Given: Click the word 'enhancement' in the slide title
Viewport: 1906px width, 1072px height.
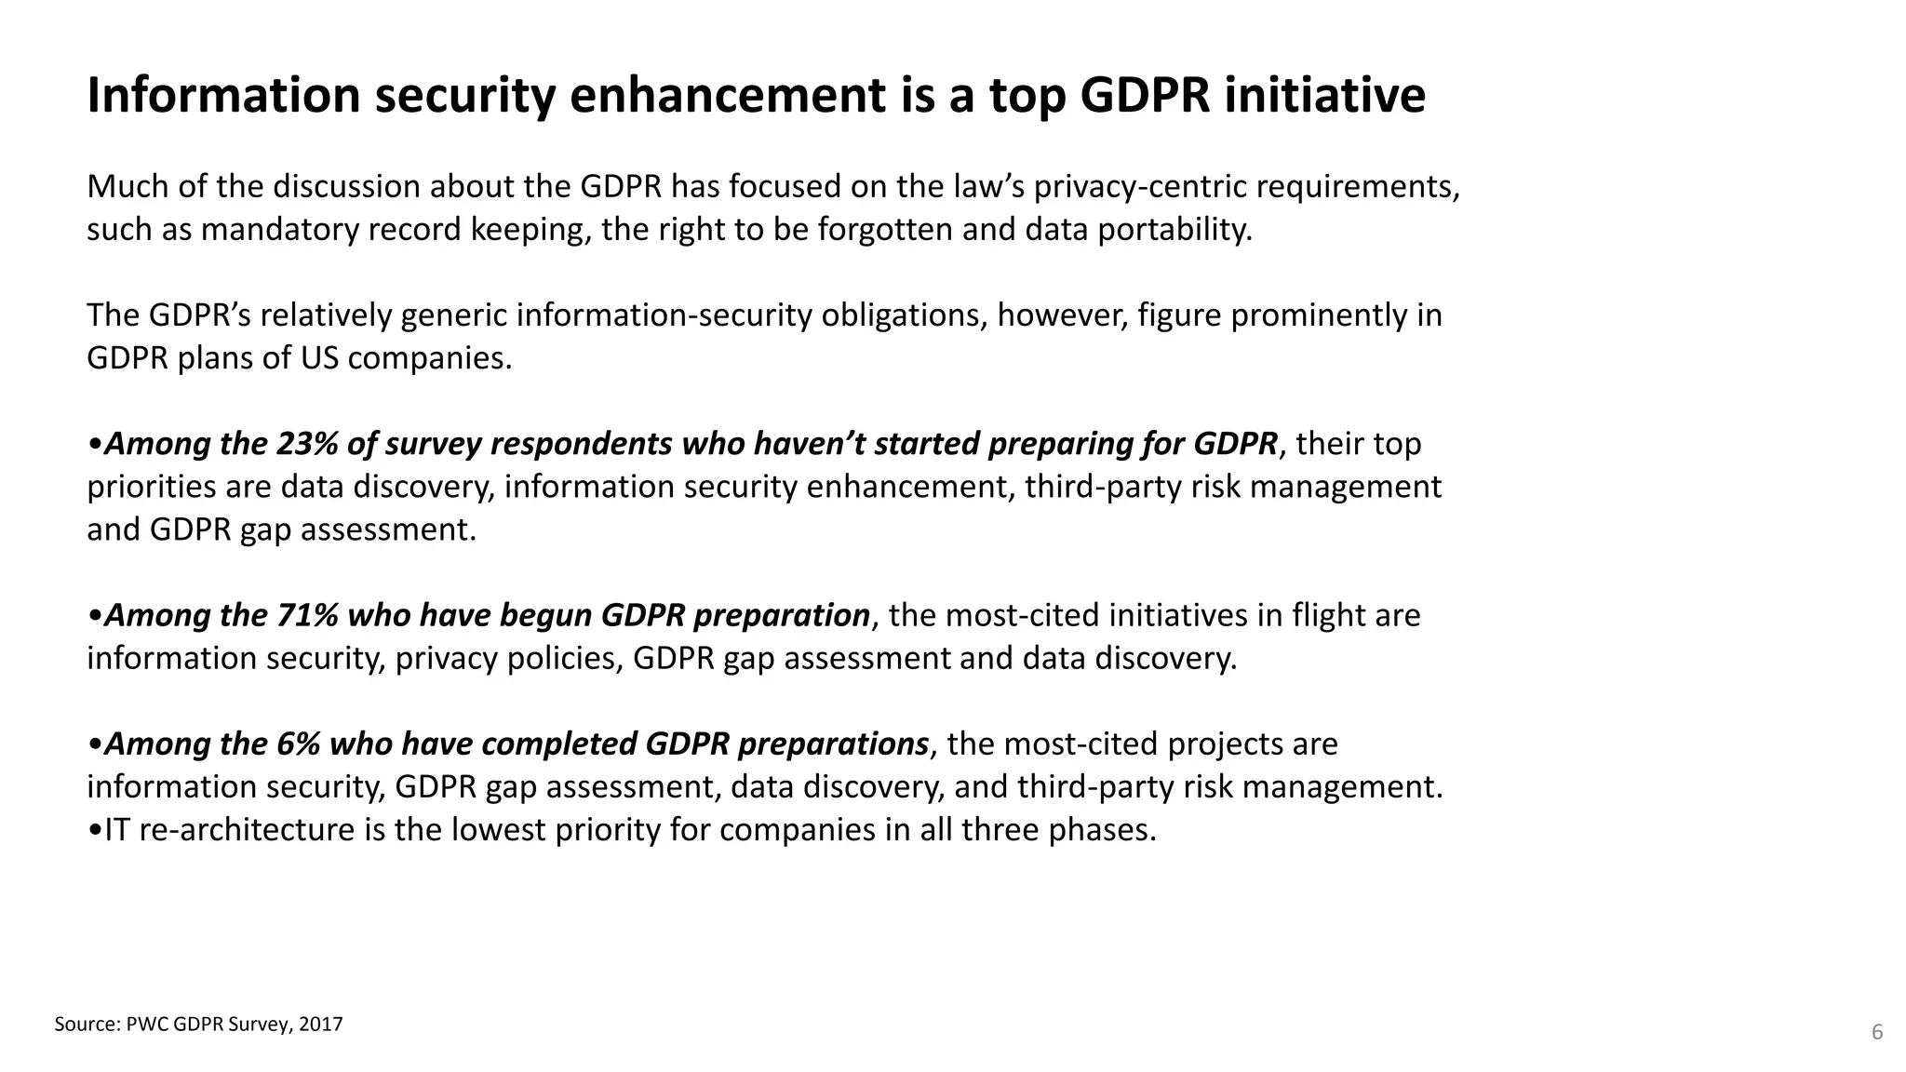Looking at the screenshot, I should click(727, 96).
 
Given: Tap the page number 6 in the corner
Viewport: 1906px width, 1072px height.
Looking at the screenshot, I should click(1877, 1032).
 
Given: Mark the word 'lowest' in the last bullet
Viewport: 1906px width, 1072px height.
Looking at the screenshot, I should click(498, 829).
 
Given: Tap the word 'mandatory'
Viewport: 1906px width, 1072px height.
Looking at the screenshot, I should click(280, 229).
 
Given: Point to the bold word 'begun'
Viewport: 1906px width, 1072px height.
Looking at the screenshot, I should click(546, 615).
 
